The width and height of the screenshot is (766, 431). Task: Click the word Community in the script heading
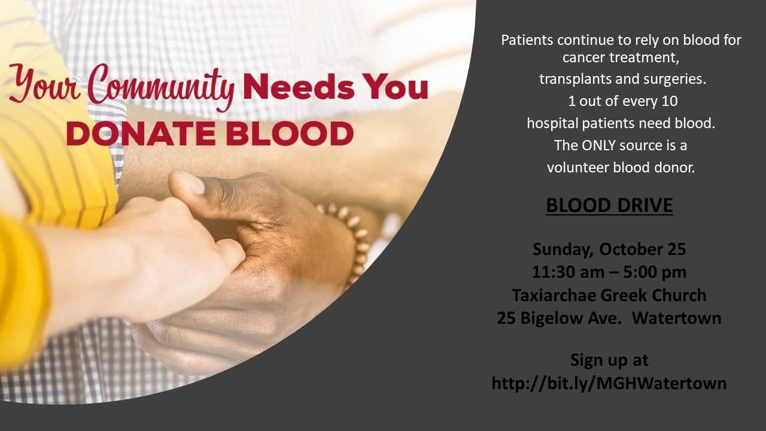point(162,87)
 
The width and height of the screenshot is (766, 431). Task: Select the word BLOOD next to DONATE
point(289,133)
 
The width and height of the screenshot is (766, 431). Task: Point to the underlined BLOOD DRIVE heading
point(609,205)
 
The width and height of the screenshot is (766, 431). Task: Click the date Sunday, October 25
point(609,250)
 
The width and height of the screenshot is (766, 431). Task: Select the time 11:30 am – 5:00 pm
point(609,272)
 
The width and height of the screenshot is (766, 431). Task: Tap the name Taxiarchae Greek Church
point(609,295)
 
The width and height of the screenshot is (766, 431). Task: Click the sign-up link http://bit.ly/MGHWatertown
point(609,383)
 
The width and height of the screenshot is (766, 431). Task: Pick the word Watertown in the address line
point(676,318)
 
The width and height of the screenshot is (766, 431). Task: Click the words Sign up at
point(609,360)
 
